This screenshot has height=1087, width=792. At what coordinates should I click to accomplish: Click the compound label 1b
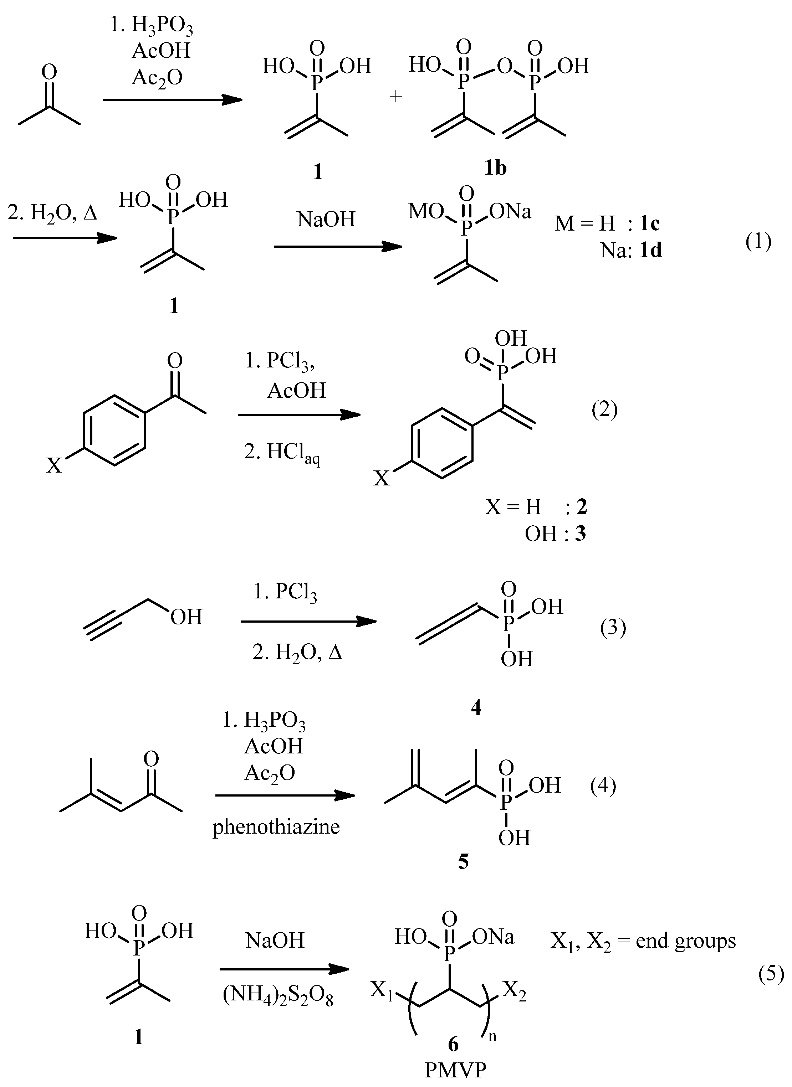click(495, 168)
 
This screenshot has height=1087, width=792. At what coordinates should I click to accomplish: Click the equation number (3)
click(613, 628)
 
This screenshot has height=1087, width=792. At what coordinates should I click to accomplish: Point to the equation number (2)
click(604, 410)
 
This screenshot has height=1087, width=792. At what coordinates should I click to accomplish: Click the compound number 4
click(476, 707)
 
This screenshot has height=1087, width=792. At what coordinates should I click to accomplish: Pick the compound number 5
click(463, 875)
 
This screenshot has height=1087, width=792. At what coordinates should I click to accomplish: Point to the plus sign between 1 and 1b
click(395, 97)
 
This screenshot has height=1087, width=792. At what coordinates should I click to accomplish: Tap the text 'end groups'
click(686, 941)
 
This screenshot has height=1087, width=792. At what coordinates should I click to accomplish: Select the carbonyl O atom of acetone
click(49, 72)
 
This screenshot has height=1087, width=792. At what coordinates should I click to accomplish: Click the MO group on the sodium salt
click(426, 211)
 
